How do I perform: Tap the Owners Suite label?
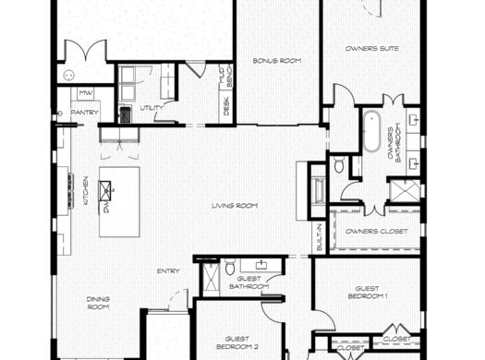click(x=371, y=48)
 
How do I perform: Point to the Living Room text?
click(x=234, y=205)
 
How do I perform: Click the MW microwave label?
click(x=84, y=92)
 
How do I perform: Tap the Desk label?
click(x=226, y=107)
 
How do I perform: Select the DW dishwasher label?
click(x=108, y=209)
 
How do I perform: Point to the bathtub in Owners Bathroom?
click(x=371, y=132)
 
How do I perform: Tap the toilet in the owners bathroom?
click(x=339, y=166)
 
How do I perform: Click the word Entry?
click(x=167, y=270)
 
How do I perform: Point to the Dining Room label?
click(x=99, y=303)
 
